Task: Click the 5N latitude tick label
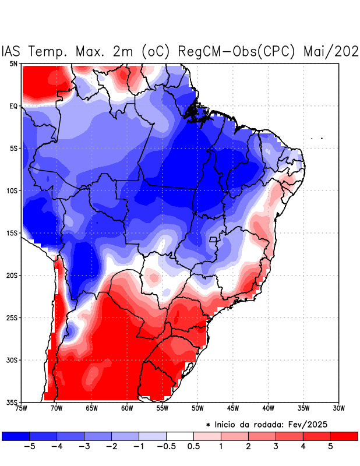point(13,63)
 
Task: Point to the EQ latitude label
point(13,106)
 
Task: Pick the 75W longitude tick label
point(22,408)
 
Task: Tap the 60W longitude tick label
point(127,408)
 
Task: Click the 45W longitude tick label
point(233,408)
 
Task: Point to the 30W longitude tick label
point(339,408)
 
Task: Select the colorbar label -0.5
point(166,447)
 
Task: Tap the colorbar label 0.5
point(193,447)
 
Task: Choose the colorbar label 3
point(276,447)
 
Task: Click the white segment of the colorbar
point(180,436)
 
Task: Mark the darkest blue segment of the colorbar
point(16,436)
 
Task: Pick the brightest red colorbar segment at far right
point(344,436)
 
